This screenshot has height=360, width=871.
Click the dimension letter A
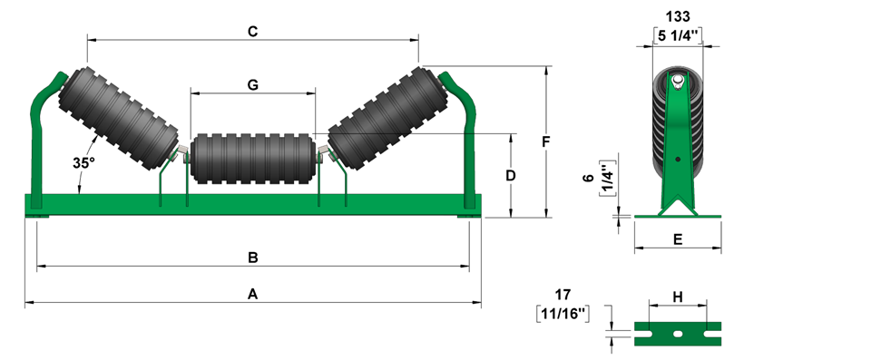coord(253,295)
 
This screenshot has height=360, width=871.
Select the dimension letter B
coord(253,258)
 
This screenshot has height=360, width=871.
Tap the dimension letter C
coord(253,32)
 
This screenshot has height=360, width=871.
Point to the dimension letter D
coord(511,176)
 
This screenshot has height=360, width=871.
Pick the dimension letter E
coord(678,239)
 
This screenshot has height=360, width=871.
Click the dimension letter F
coord(546,142)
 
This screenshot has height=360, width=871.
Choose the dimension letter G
coord(253,85)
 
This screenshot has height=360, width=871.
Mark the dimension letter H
coord(678,297)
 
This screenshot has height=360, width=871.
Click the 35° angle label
coord(83,163)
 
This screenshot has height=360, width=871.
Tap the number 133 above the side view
coord(678,16)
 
